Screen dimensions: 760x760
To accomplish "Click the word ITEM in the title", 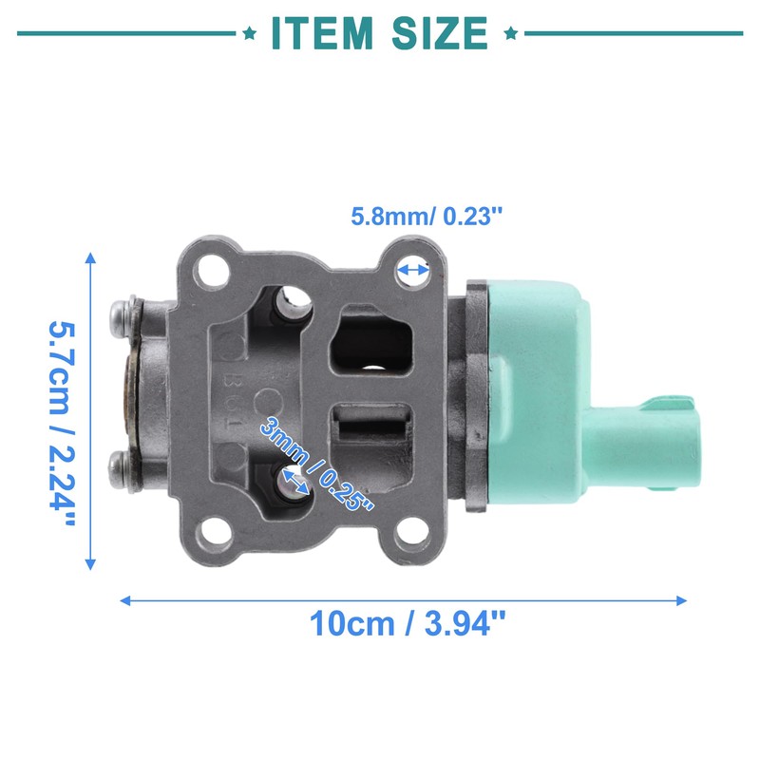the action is pos(322,33).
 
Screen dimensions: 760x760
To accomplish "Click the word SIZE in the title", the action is pos(440,33).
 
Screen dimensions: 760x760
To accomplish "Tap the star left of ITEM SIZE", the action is pos(250,33).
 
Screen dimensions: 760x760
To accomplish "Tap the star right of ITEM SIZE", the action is pos(511,33).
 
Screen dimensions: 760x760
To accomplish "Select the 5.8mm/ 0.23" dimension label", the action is pos(427,217).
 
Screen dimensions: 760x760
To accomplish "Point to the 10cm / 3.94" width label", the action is pos(408,623).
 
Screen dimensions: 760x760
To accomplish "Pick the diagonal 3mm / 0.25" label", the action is pos(316,464).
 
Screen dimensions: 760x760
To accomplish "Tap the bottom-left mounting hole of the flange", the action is pos(213,535).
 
